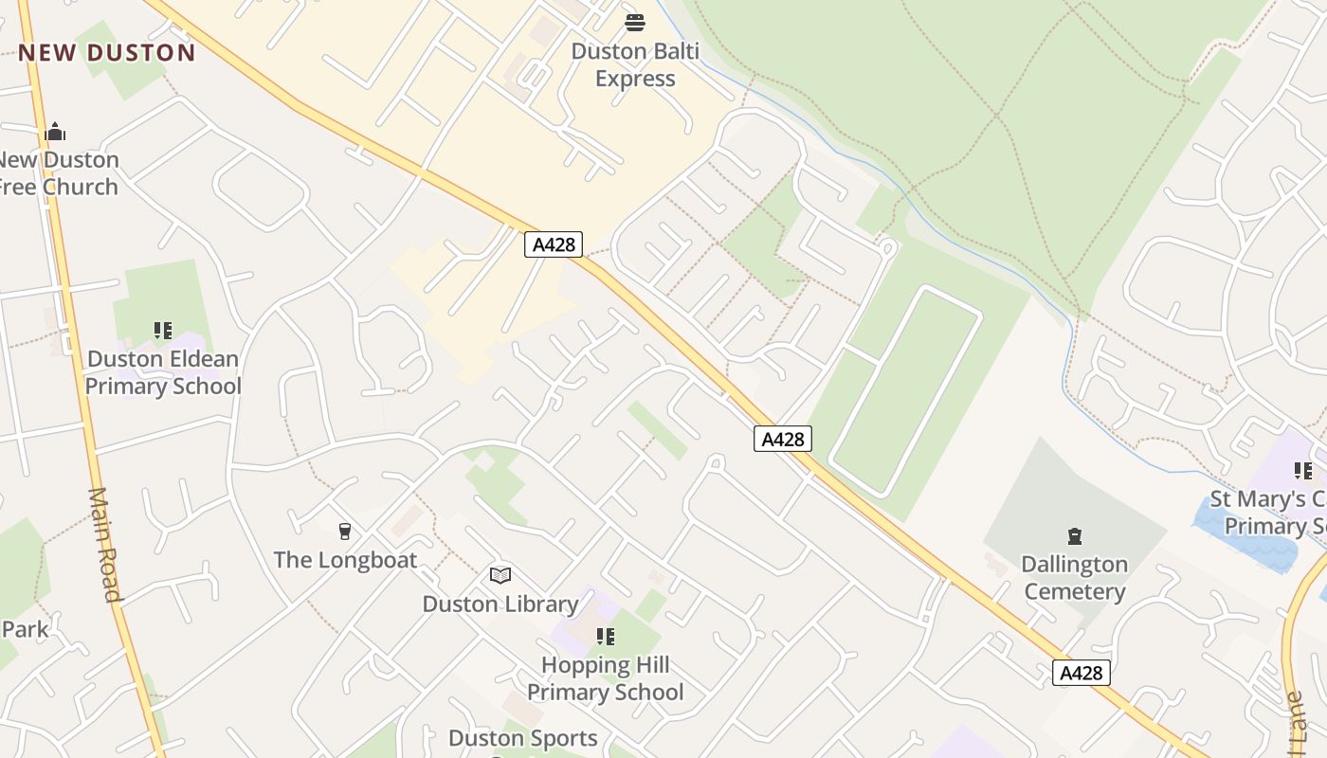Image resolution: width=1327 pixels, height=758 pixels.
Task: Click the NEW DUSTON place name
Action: [106, 52]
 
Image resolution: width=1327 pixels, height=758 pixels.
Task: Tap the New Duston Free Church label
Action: [59, 172]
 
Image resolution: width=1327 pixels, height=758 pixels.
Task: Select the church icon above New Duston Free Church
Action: [55, 132]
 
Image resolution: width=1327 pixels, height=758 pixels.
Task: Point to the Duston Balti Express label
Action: [635, 64]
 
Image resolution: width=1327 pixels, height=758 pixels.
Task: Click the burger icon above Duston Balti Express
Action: [635, 23]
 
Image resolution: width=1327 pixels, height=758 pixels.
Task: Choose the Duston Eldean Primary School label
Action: [163, 372]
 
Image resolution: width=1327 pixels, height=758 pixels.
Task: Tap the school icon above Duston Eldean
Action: [163, 331]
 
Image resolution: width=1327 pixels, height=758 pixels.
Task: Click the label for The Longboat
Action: [345, 560]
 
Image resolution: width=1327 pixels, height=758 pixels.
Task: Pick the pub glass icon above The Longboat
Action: [345, 532]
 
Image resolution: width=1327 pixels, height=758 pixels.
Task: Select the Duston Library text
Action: [500, 604]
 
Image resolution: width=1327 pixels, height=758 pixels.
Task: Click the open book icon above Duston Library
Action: [500, 575]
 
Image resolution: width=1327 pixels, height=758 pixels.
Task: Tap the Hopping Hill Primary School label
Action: [605, 678]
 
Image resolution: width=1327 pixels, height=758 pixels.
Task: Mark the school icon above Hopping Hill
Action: [605, 636]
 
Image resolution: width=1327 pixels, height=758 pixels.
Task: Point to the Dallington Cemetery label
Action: [1074, 578]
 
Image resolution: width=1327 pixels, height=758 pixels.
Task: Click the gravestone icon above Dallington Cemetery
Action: [1074, 537]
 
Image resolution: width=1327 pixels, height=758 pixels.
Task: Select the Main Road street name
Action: [105, 545]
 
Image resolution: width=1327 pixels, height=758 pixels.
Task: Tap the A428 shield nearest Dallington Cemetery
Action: [1081, 673]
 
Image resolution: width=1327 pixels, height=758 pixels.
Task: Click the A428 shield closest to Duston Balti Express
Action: [554, 244]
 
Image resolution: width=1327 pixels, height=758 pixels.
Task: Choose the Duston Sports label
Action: [523, 738]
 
